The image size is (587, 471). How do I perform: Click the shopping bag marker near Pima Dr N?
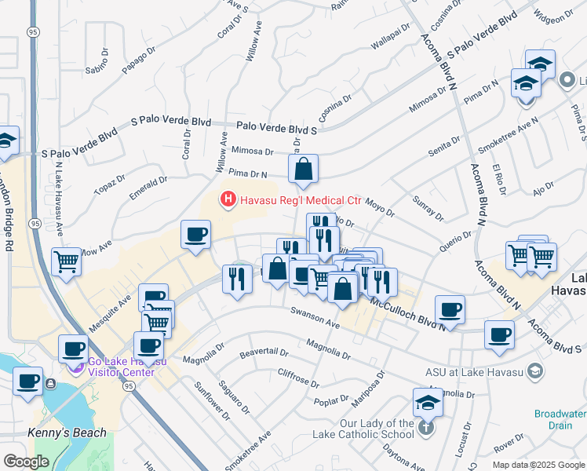303,169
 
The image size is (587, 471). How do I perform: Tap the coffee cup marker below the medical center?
195,235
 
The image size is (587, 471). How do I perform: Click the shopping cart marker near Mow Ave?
67,261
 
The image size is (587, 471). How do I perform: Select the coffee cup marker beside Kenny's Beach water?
28,382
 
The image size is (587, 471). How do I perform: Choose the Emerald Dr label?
149,188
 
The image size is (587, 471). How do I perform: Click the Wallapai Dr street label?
391,35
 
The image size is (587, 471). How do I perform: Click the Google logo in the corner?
26,462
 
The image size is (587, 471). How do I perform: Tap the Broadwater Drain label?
560,418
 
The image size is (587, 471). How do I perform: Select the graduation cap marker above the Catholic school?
428,403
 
